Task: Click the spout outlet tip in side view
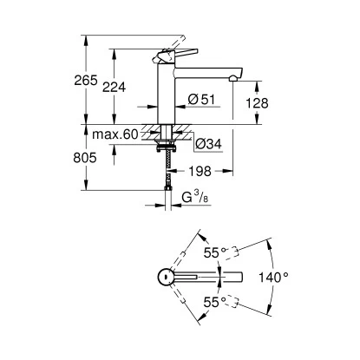click(x=232, y=79)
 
